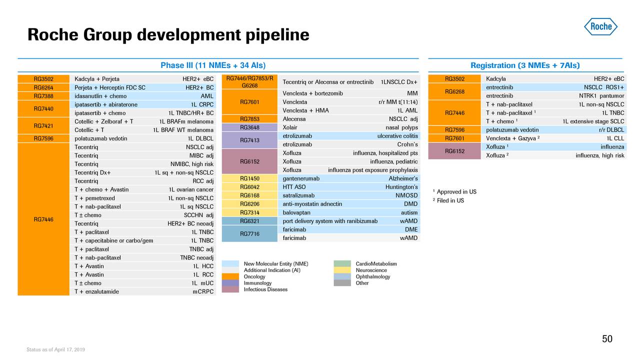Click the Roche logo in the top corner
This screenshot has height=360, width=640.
(x=600, y=26)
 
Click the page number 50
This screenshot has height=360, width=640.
(x=607, y=339)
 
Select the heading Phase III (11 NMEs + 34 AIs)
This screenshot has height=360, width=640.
(x=212, y=65)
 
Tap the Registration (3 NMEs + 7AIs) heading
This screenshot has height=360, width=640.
(x=525, y=65)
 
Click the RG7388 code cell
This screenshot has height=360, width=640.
(x=43, y=96)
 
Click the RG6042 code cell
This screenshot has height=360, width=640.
(x=249, y=187)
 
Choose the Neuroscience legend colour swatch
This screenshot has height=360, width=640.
(x=342, y=270)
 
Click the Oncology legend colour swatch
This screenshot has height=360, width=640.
(x=230, y=277)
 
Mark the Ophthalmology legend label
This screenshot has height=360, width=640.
(x=372, y=277)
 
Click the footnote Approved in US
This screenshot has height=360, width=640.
(x=456, y=192)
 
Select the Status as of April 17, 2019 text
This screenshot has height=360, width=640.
(x=55, y=349)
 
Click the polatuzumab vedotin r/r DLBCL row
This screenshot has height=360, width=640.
(x=554, y=130)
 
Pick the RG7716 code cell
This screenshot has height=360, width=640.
(x=249, y=233)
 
